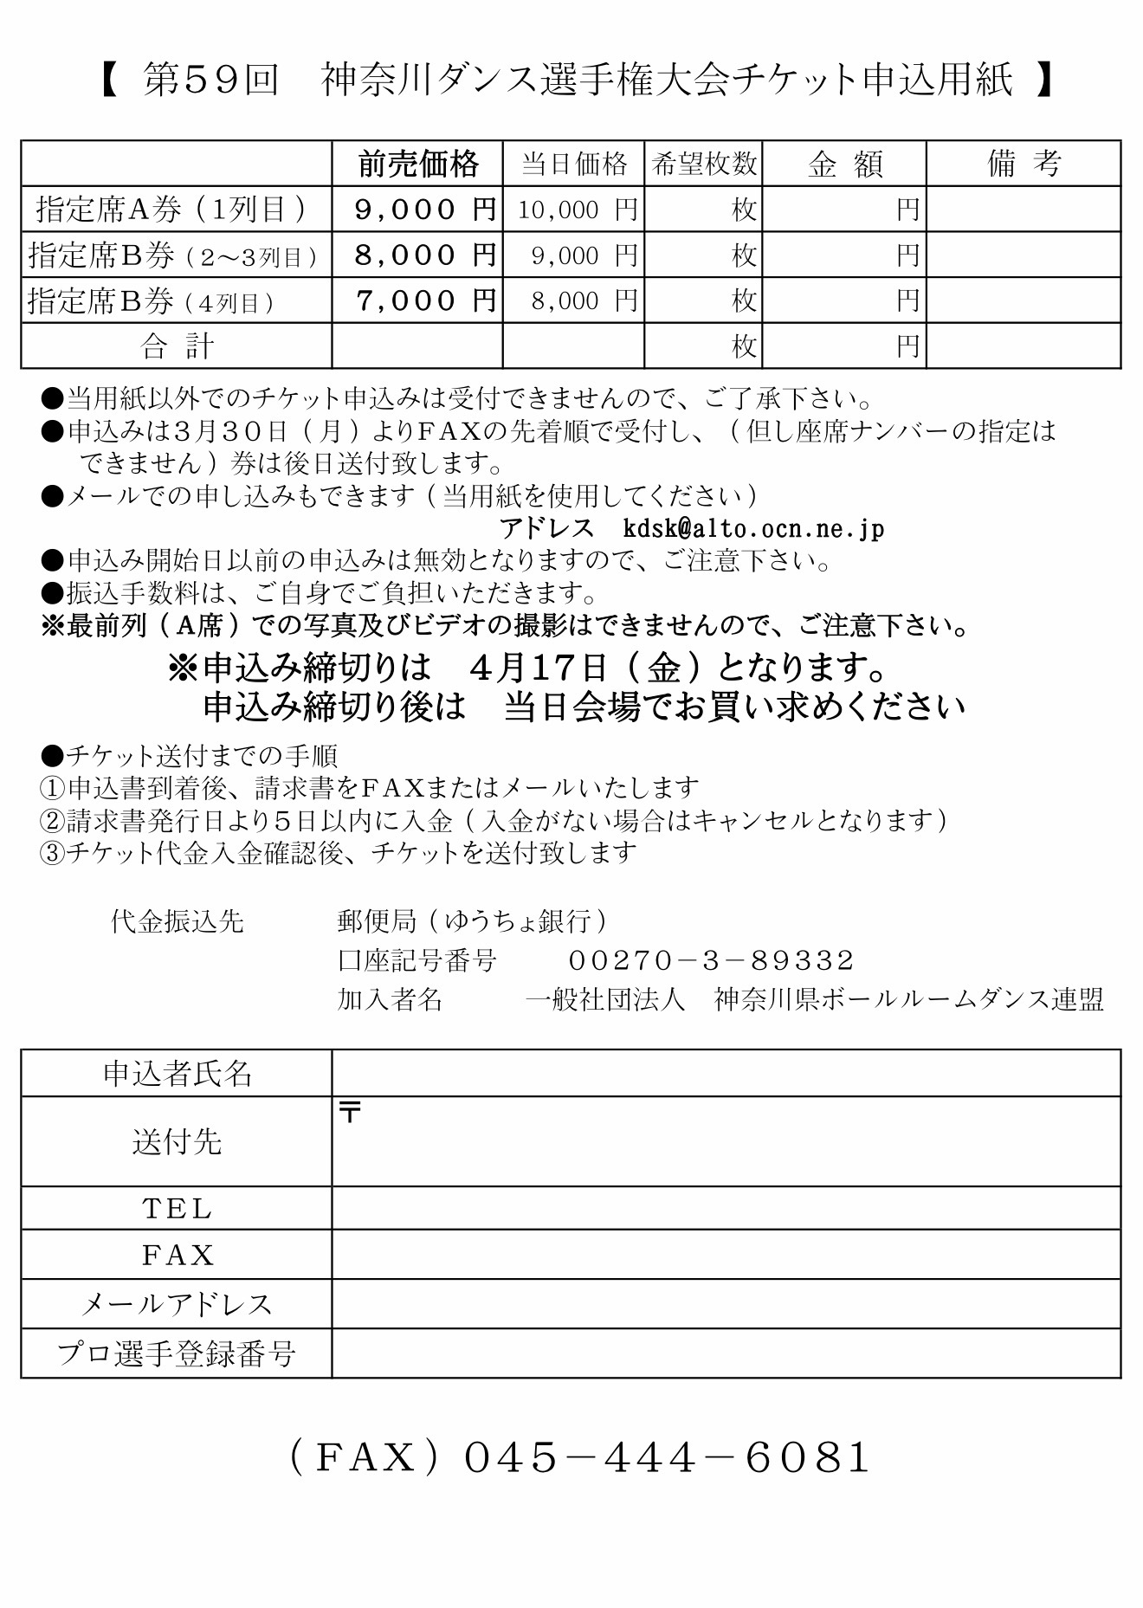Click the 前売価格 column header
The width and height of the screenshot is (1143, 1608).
(x=417, y=164)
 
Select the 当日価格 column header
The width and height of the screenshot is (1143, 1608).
(x=573, y=164)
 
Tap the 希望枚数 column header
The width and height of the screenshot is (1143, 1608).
(x=703, y=164)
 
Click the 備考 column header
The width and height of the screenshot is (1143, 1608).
(x=1024, y=164)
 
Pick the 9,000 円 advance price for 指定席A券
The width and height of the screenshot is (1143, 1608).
(x=425, y=210)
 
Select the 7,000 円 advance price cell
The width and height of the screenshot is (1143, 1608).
(x=425, y=301)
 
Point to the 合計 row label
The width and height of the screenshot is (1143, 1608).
(x=177, y=346)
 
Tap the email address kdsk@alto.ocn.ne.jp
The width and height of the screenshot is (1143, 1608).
(x=753, y=528)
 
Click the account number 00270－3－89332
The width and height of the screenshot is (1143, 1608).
(x=711, y=960)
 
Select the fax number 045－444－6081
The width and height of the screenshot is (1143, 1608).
(x=667, y=1458)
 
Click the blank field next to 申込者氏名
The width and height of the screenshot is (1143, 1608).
(x=726, y=1074)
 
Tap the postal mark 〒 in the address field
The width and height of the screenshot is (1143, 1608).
(x=350, y=1113)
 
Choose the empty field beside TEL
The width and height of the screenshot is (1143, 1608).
(x=726, y=1208)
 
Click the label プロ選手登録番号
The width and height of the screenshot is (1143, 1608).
(x=177, y=1353)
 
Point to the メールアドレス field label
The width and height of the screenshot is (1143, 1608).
(x=177, y=1304)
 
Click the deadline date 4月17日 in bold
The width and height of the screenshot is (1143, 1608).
(x=538, y=668)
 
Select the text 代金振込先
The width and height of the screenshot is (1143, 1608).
(x=178, y=921)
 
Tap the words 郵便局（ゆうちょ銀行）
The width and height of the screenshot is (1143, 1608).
(x=473, y=921)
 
